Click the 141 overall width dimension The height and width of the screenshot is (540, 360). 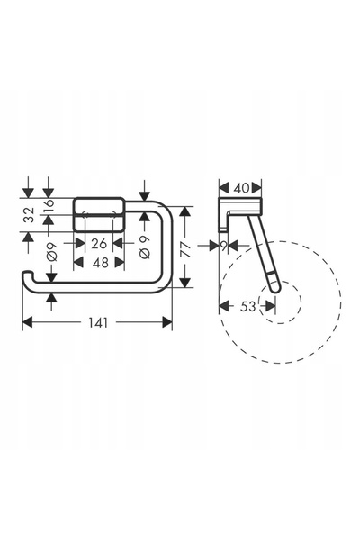98,323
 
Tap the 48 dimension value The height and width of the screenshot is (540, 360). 101,263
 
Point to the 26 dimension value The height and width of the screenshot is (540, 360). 99,244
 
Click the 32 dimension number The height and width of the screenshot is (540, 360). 31,215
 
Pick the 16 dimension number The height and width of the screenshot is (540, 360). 49,205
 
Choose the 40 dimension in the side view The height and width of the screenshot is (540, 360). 241,188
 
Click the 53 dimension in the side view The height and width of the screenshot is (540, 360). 248,306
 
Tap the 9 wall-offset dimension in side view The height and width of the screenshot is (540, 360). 224,246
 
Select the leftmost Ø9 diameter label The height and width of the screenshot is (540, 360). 52,251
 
